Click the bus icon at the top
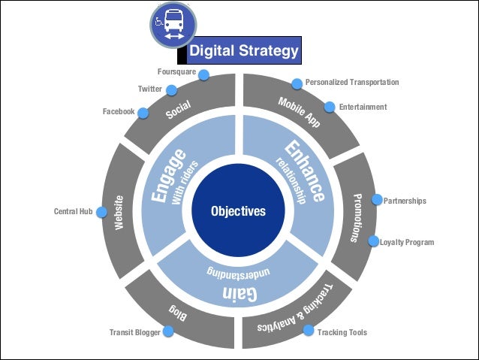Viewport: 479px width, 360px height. tap(173, 26)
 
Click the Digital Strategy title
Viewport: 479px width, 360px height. tap(243, 51)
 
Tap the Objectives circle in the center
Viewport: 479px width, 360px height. tap(238, 211)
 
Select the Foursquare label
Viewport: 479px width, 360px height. tap(176, 71)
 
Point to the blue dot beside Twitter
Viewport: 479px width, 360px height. tap(171, 90)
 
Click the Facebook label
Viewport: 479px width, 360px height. tap(119, 111)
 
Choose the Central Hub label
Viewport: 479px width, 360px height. tap(73, 211)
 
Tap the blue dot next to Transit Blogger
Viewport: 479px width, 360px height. tap(169, 330)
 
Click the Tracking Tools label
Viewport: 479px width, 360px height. tap(342, 332)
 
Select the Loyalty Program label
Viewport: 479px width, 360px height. tap(406, 242)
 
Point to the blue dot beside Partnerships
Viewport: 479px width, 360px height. tap(377, 201)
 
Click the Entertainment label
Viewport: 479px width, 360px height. tap(363, 107)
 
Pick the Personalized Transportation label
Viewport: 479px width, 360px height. tap(351, 82)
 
